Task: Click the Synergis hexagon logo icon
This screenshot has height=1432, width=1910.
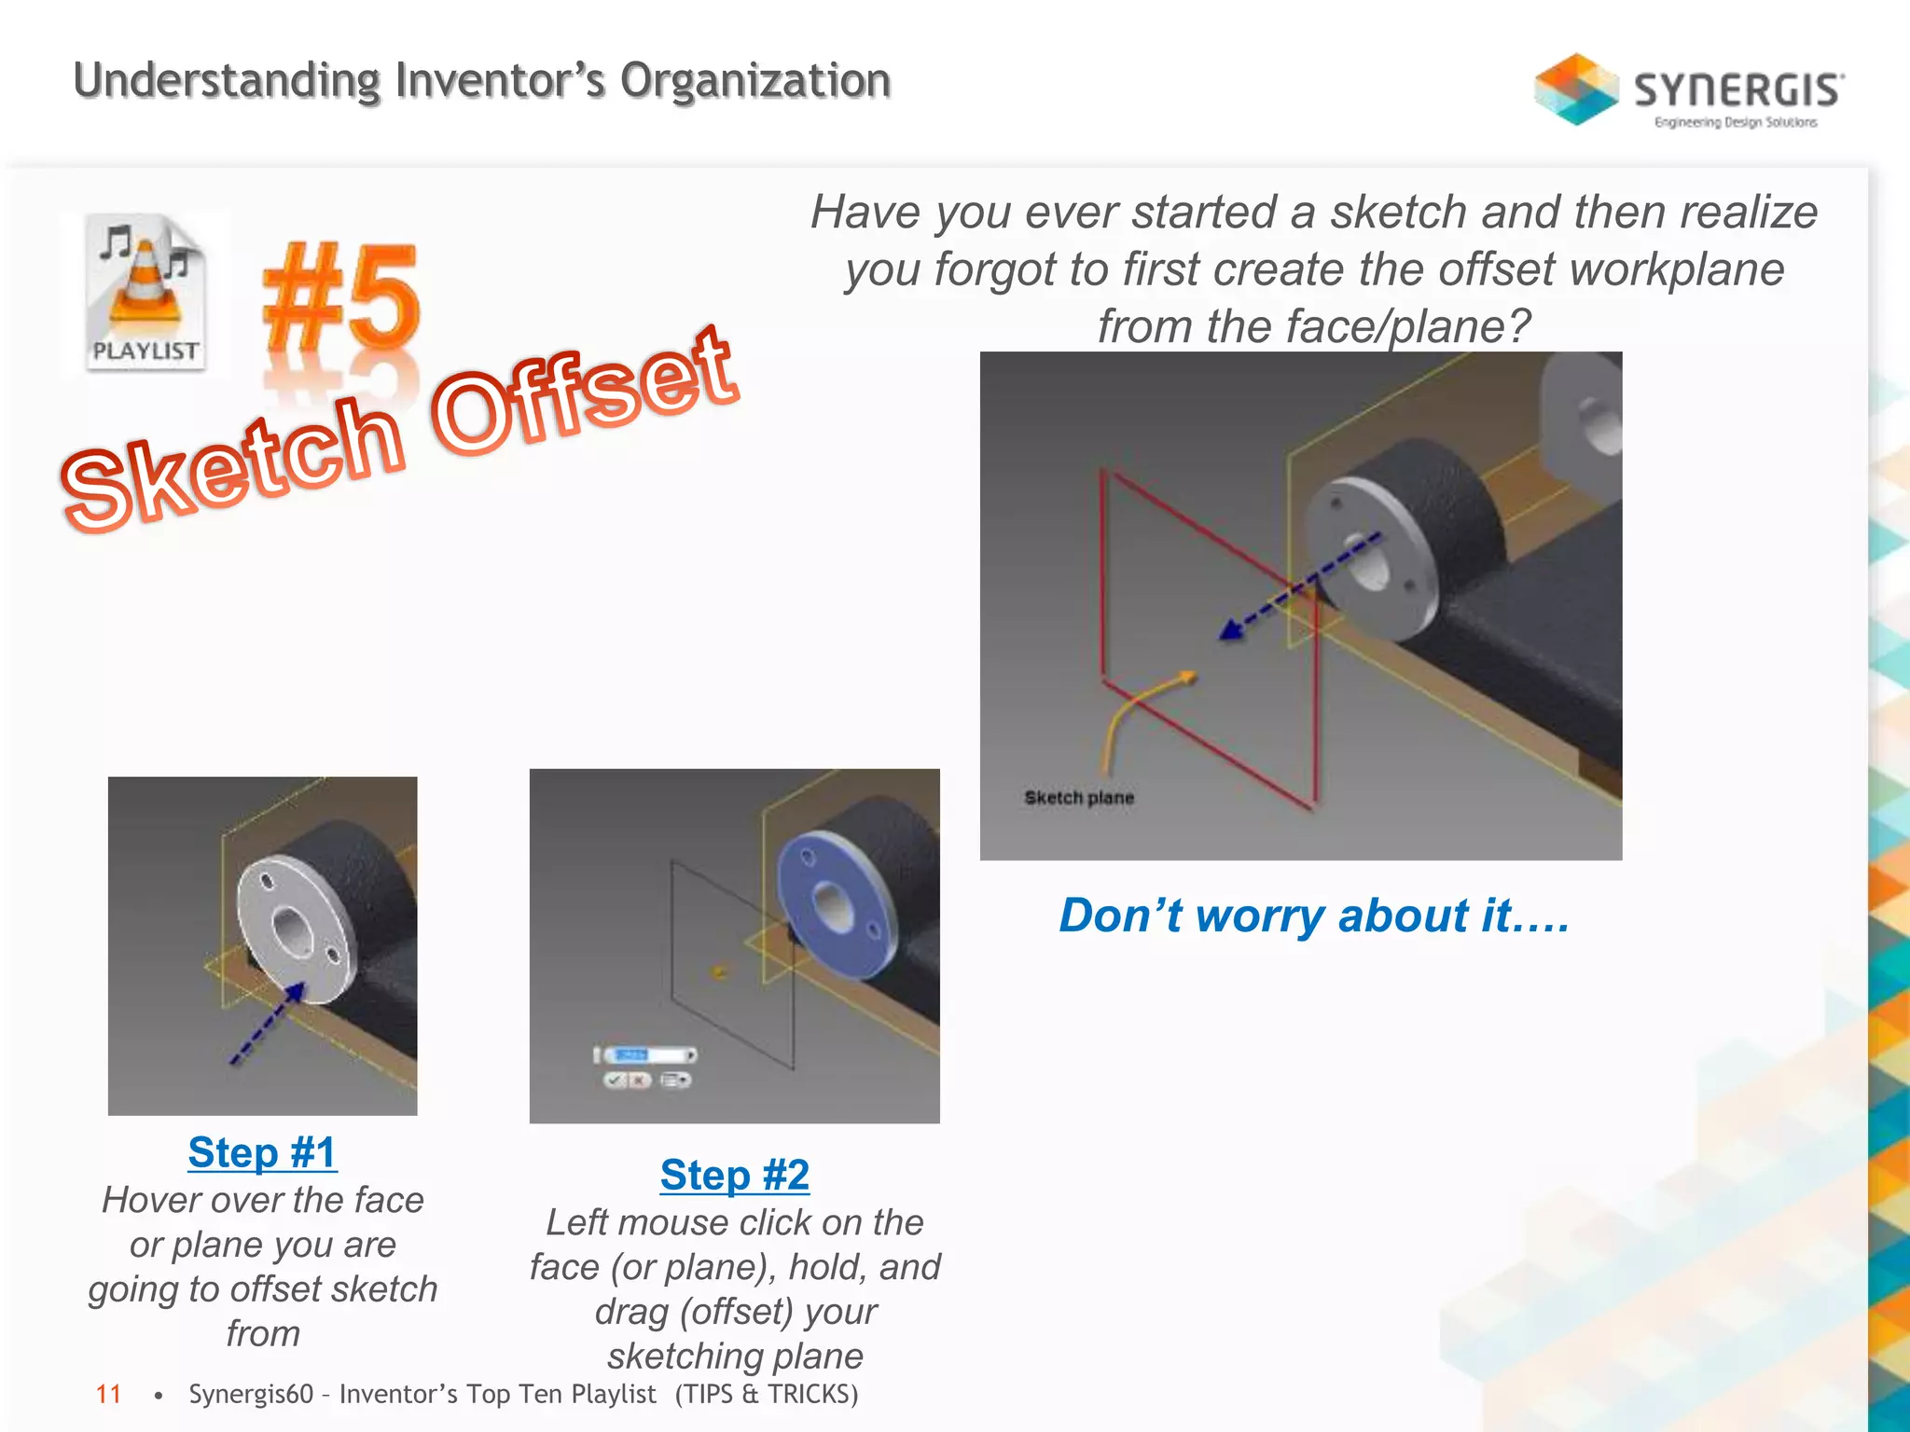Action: [x=1576, y=89]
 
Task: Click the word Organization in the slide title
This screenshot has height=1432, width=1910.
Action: [x=755, y=80]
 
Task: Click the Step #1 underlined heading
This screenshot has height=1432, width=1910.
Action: [x=262, y=1152]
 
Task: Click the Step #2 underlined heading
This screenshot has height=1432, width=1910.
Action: [x=735, y=1175]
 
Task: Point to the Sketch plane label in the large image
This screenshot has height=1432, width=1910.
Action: [x=1079, y=798]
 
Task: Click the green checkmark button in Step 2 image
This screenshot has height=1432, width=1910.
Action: [x=615, y=1080]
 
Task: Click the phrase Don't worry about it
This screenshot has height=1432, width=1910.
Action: [x=1313, y=916]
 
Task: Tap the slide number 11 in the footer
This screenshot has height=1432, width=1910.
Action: [x=108, y=1395]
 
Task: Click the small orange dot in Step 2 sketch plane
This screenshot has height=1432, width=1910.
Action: [x=719, y=972]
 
